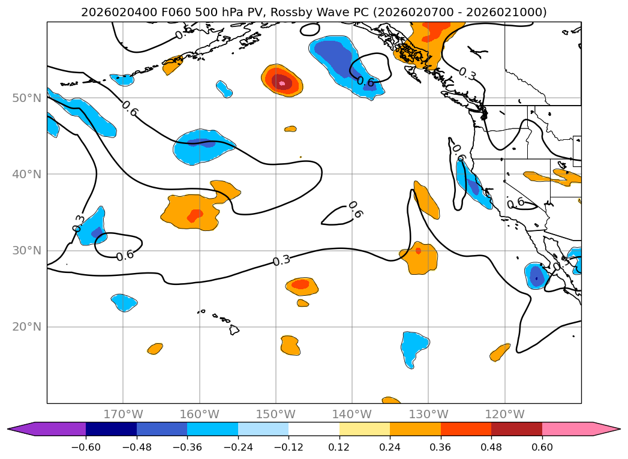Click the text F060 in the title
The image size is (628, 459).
pyautogui.click(x=176, y=12)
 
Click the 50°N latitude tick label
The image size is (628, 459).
pyautogui.click(x=27, y=98)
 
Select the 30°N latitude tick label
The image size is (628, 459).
pyautogui.click(x=27, y=251)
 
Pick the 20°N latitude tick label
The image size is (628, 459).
pyautogui.click(x=27, y=327)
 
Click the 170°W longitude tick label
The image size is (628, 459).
pyautogui.click(x=123, y=414)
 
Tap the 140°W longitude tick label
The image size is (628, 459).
pyautogui.click(x=352, y=414)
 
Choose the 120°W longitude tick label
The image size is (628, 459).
pyautogui.click(x=504, y=414)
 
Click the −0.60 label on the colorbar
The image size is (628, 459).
pyautogui.click(x=86, y=447)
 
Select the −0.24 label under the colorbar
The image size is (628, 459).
pyautogui.click(x=238, y=447)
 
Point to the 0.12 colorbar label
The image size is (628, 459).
pyautogui.click(x=339, y=447)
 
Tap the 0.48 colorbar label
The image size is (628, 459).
pyautogui.click(x=491, y=447)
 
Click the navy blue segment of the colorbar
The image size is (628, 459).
pyautogui.click(x=111, y=429)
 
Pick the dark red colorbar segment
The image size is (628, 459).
pyautogui.click(x=516, y=429)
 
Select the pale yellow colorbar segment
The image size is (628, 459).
pyautogui.click(x=365, y=429)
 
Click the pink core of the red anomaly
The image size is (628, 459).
pyautogui.click(x=282, y=83)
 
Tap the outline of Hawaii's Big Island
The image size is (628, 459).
pyautogui.click(x=234, y=329)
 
